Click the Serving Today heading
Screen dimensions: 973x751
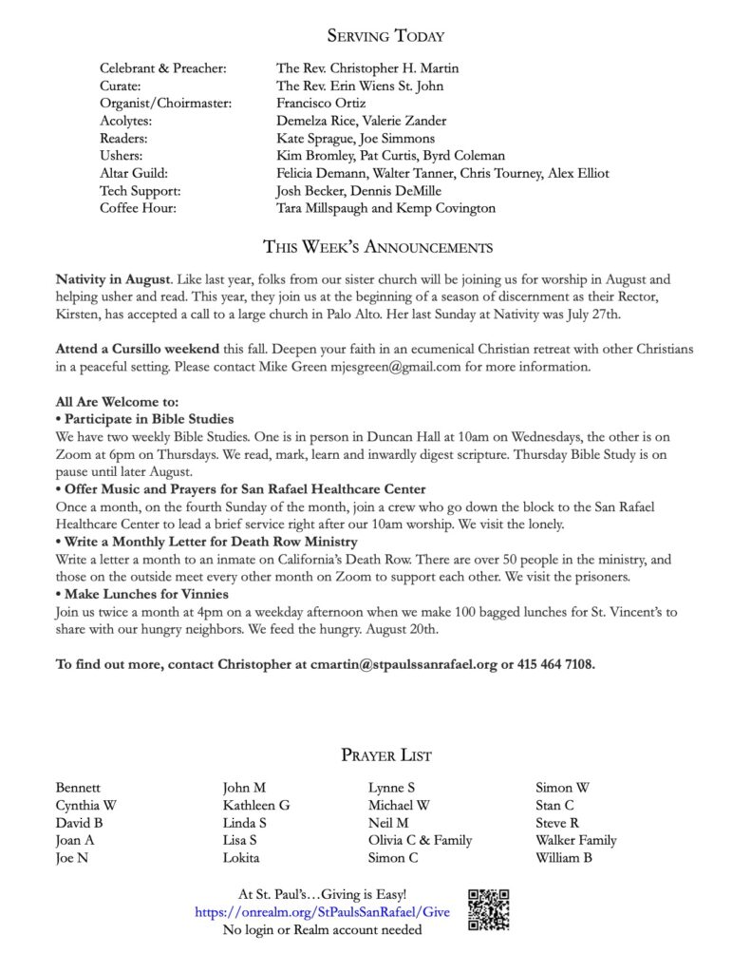coord(385,36)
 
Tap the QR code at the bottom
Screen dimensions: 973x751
coord(489,909)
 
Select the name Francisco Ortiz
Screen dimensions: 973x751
coord(318,104)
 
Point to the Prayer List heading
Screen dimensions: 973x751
coord(385,755)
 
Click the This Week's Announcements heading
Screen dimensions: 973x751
coord(377,248)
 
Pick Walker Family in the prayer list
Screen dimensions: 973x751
coord(575,840)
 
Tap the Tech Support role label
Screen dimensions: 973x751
coord(140,190)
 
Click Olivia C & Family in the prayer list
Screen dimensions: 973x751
coord(420,840)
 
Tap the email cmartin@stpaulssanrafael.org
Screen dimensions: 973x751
coord(404,664)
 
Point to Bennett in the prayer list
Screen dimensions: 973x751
coord(79,787)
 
